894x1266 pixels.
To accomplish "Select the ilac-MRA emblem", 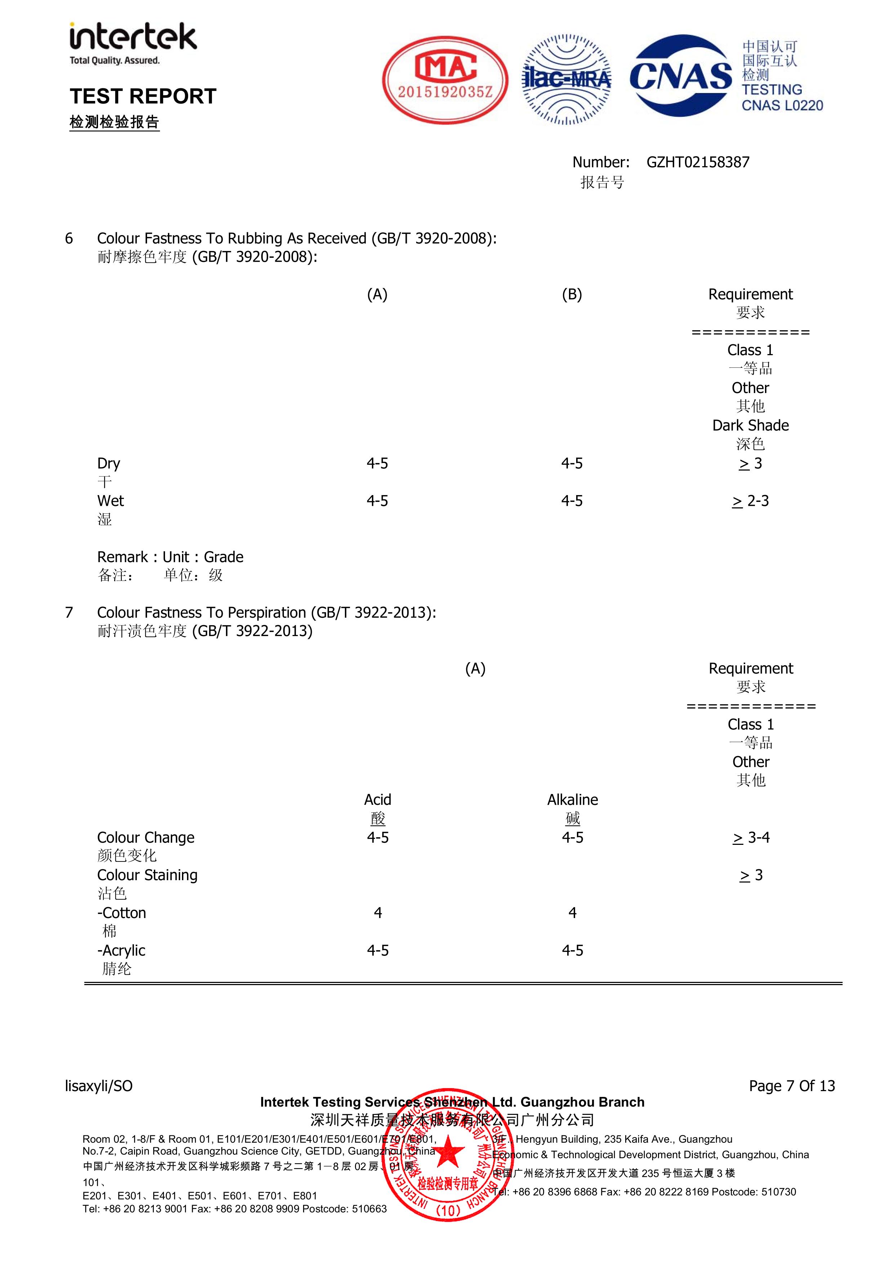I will tap(566, 80).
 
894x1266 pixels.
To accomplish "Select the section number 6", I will tap(69, 238).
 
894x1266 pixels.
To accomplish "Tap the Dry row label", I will tap(108, 463).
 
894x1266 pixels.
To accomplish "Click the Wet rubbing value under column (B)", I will tap(571, 500).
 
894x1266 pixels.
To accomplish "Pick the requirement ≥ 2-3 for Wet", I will tap(750, 500).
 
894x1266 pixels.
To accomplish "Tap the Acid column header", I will tap(378, 799).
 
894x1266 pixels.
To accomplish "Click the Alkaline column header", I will tap(572, 799).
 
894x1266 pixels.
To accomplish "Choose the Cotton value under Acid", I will tap(378, 913).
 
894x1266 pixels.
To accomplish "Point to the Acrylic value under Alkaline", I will tap(572, 950).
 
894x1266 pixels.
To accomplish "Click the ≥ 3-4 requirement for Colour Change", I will tap(750, 838).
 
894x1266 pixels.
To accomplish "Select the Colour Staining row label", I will tap(147, 875).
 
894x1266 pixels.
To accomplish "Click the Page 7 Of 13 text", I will tap(791, 1086).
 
